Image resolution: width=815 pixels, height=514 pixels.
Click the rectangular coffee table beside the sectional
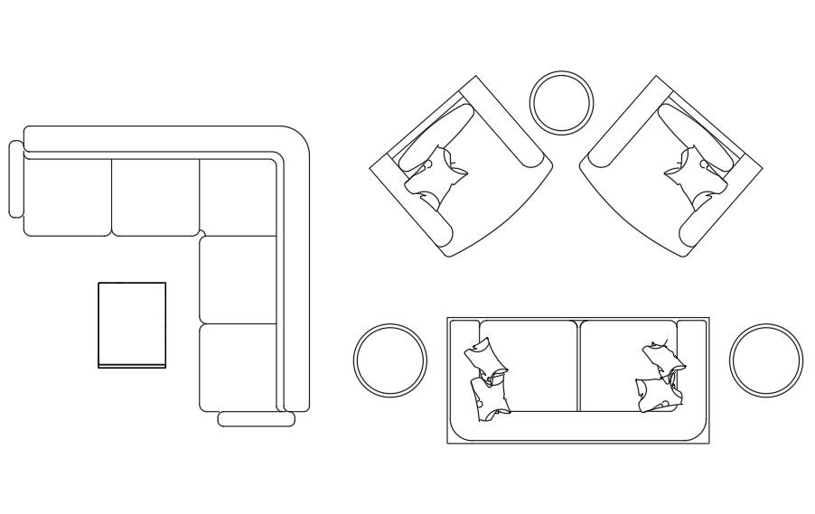pos(132,324)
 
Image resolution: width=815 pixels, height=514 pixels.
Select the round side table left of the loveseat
pos(389,360)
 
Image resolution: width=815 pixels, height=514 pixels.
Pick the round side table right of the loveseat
pos(765,360)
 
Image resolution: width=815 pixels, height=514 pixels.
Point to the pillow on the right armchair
pos(697,175)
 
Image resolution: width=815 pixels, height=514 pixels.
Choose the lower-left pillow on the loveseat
pos(489,399)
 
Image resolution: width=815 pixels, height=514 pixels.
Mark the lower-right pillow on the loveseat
pos(657,394)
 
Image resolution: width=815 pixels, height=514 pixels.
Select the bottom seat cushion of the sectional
pos(237,366)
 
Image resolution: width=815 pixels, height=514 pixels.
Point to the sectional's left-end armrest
pos(14,179)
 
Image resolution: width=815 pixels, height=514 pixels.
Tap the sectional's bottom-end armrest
pos(257,419)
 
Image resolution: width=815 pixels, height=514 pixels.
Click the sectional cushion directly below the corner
pos(237,279)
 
